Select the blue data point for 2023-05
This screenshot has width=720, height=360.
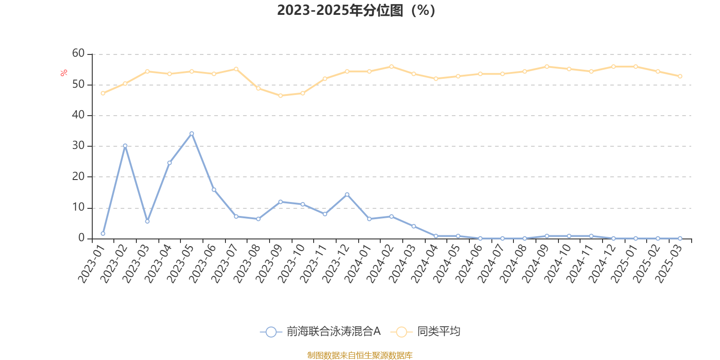coord(192,133)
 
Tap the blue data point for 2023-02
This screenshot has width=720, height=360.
coord(125,146)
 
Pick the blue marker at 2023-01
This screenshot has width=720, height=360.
coord(103,234)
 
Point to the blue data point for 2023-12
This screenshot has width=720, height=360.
coord(347,194)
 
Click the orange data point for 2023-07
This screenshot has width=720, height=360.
coord(236,69)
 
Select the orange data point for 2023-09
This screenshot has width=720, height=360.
coord(280,95)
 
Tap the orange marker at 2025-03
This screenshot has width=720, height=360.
coord(680,76)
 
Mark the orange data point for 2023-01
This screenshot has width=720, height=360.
coord(103,93)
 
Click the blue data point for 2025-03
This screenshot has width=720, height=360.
coord(680,238)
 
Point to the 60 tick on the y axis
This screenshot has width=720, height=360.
coord(78,54)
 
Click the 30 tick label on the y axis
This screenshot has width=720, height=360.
coord(78,146)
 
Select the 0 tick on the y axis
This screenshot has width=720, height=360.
coord(81,238)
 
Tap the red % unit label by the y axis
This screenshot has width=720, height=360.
coord(64,72)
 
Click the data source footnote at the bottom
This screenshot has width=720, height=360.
coord(360,355)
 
